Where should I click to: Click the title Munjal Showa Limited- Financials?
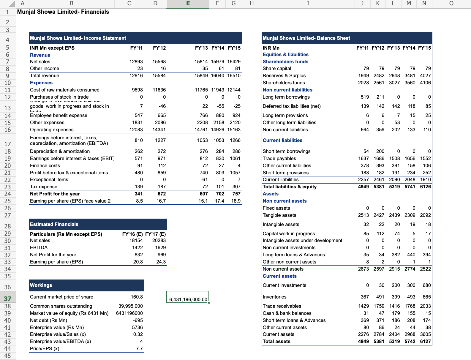click(63, 12)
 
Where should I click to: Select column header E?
click(188, 4)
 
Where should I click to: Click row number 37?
click(7, 299)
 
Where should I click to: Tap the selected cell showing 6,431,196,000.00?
click(188, 299)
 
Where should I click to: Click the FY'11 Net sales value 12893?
click(136, 61)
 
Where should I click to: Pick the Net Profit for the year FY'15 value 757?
click(236, 194)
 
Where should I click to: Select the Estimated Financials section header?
click(54, 224)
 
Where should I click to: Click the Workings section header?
click(41, 285)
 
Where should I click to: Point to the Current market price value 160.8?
click(137, 297)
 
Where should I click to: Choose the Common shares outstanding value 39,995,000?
click(131, 306)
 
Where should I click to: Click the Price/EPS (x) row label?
click(45, 348)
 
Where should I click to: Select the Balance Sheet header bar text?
click(306, 38)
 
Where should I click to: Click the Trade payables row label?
click(279, 158)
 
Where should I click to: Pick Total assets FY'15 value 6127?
click(425, 341)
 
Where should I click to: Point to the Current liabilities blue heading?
click(282, 140)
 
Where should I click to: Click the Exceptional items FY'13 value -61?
click(204, 179)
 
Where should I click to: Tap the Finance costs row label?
click(45, 165)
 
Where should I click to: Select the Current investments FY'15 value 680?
click(426, 285)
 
